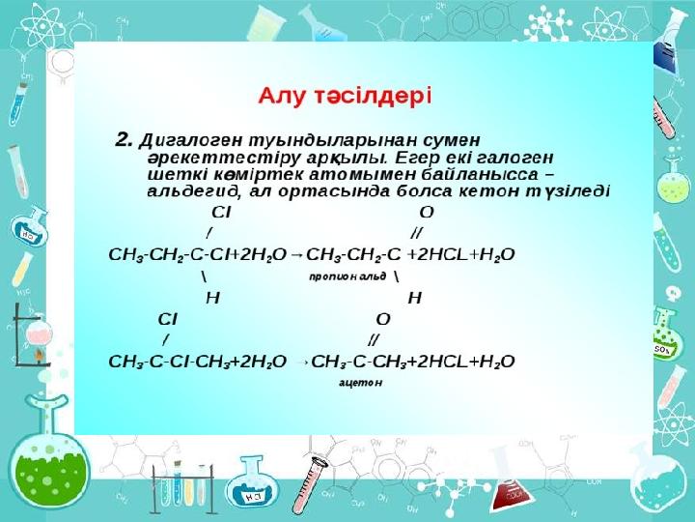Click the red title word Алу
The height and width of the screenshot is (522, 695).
tap(281, 97)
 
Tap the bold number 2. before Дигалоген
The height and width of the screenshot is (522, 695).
tap(125, 140)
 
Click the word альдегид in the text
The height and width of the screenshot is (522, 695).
tap(194, 192)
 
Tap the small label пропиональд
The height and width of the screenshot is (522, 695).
tap(347, 277)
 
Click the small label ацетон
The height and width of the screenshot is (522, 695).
tap(360, 383)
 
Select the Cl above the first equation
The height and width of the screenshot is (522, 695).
tap(221, 213)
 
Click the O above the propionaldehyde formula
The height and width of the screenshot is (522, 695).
tap(427, 213)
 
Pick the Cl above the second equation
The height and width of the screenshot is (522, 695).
tap(167, 319)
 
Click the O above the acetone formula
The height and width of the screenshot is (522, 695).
tap(383, 319)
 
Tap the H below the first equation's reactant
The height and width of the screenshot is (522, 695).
tap(212, 298)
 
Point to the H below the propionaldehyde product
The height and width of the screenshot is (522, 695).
tap(414, 298)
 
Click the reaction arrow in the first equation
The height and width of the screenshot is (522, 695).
tap(297, 255)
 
